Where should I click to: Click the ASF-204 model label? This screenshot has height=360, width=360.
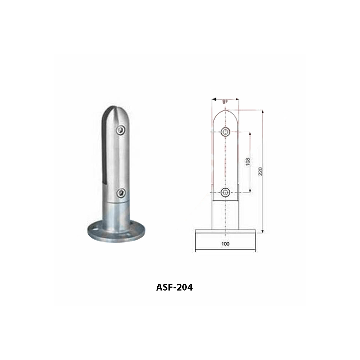click(x=174, y=287)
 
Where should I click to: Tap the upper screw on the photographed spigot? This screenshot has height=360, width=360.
click(x=121, y=130)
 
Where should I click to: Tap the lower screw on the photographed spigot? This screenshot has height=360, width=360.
click(x=121, y=193)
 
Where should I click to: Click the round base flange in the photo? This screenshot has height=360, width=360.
click(x=116, y=231)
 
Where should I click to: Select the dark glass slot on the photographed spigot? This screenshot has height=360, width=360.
click(x=105, y=147)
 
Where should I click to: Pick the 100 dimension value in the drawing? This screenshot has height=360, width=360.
click(x=225, y=244)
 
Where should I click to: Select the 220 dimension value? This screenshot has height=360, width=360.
click(x=260, y=171)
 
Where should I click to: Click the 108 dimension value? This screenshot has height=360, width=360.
click(x=248, y=162)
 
